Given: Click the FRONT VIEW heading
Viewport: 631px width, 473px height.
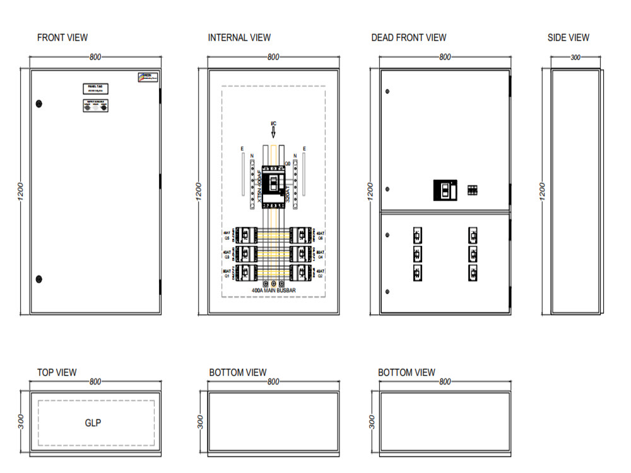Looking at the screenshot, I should [x=62, y=38].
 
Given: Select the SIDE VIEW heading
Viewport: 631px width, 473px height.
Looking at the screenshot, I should [x=568, y=38].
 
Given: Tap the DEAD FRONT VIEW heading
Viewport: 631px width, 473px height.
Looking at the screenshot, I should [x=408, y=38].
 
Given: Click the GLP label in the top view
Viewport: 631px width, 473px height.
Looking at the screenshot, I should [x=93, y=423].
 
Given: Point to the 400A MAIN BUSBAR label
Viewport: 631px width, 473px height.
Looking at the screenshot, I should [x=273, y=291].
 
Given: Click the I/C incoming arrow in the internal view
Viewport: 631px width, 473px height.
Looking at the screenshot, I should [x=273, y=131].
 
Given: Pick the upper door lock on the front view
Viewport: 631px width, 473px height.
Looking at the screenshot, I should [x=39, y=103].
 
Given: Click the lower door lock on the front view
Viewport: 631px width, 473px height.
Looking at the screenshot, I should [x=39, y=278].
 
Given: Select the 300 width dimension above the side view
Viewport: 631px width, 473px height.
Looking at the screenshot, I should [x=575, y=57].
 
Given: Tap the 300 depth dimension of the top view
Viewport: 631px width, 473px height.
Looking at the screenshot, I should [x=20, y=422].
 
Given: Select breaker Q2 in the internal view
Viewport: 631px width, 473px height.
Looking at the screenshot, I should [x=302, y=272].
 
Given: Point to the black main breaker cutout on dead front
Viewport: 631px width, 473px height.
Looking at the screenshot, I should [x=445, y=190].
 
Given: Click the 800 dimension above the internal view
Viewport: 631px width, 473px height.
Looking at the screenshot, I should [x=273, y=57].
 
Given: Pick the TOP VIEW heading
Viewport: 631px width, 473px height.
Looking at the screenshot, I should [x=57, y=373].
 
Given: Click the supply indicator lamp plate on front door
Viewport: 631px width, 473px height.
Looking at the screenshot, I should [x=96, y=106].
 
